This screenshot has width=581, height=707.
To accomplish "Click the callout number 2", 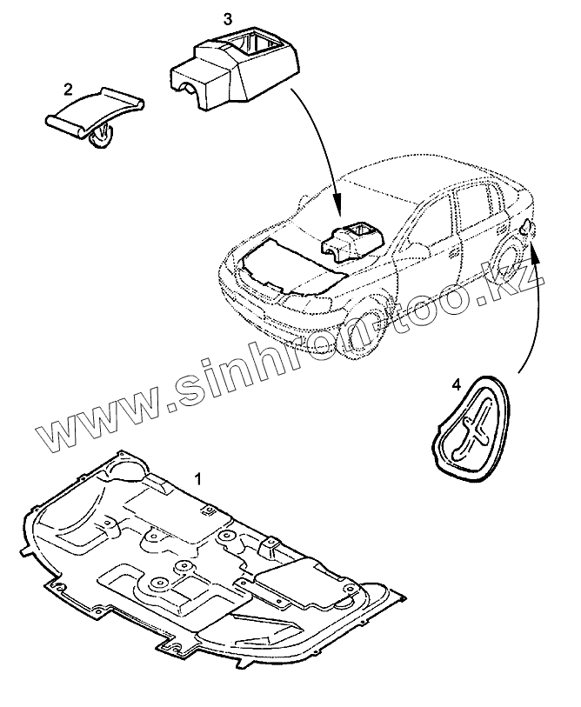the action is click(x=67, y=88).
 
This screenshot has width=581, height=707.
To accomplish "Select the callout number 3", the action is click(x=228, y=17).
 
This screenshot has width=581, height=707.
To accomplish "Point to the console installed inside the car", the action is click(x=352, y=240).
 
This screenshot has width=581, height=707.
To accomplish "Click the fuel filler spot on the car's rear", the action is click(x=528, y=228).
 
